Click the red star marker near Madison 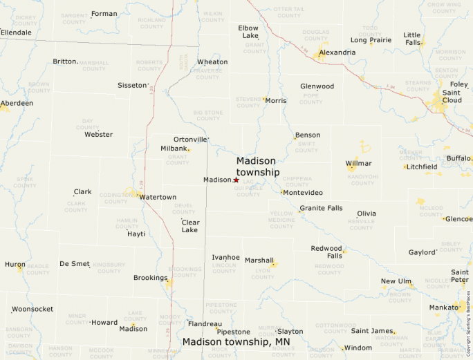point(236,180)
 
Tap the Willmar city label point(358,163)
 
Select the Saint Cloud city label point(452,96)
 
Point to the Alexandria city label point(337,53)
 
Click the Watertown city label point(158,197)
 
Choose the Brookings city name point(150,278)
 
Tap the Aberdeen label point(17,103)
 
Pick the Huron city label point(15,264)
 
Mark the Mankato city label point(443,307)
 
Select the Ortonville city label point(190,139)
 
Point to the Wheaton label point(212,62)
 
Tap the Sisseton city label point(132,86)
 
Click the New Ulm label point(396,281)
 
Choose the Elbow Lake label point(248,32)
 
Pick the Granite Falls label point(320,208)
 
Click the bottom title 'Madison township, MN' point(236,341)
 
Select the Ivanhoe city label point(225,257)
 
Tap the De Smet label point(75,263)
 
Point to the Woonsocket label point(33,309)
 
